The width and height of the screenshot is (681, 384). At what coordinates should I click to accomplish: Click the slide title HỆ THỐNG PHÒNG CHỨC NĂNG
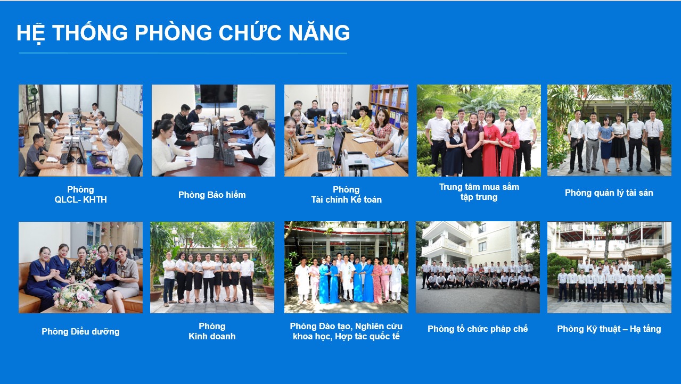[x=183, y=33]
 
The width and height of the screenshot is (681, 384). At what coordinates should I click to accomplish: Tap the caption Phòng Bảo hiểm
[x=212, y=195]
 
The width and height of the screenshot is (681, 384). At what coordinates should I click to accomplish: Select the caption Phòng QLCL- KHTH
[x=80, y=195]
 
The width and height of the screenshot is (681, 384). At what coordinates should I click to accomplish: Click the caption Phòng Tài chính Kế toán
[x=346, y=195]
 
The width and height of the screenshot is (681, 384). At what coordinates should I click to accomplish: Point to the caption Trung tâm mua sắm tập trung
[x=479, y=192]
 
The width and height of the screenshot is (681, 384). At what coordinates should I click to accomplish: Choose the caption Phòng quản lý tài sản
[x=609, y=193]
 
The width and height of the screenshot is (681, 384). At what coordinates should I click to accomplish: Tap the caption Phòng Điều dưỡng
[x=80, y=331]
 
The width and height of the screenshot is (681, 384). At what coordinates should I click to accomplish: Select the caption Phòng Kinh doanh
[x=212, y=331]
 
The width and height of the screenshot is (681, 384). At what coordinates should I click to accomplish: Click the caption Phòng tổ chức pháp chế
[x=478, y=329]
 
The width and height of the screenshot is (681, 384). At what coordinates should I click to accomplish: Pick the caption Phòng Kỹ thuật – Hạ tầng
[x=609, y=329]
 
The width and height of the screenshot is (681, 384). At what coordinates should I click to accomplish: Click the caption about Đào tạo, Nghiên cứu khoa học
[x=346, y=331]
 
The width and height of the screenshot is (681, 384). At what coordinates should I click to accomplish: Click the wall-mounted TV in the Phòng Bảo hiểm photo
[x=217, y=94]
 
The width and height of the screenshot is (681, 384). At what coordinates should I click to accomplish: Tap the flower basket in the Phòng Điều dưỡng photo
[x=76, y=297]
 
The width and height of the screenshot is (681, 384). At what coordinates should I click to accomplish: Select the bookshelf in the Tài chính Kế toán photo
[x=390, y=103]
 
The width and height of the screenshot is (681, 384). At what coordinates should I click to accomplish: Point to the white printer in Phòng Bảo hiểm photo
[x=206, y=147]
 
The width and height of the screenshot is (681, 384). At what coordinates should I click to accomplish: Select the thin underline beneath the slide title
[x=183, y=53]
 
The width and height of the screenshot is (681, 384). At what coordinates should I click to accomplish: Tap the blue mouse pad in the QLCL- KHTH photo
[x=100, y=164]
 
